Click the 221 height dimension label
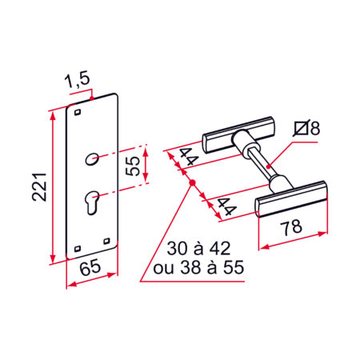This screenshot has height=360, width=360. pyautogui.click(x=39, y=186)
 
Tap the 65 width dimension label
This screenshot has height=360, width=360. pyautogui.click(x=90, y=268)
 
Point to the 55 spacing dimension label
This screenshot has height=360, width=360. pyautogui.click(x=133, y=166)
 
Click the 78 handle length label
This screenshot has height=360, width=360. pyautogui.click(x=291, y=227)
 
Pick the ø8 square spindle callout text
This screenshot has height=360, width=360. pyautogui.click(x=306, y=128)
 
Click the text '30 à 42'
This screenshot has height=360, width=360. pyautogui.click(x=198, y=249)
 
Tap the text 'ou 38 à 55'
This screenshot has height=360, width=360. pyautogui.click(x=198, y=267)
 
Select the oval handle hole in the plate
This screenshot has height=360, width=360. pyautogui.click(x=92, y=159)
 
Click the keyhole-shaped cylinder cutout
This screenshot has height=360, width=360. pyautogui.click(x=92, y=202)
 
